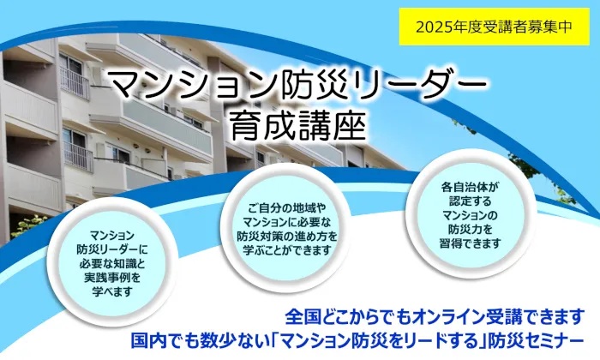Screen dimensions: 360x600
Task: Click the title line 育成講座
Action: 297,123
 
